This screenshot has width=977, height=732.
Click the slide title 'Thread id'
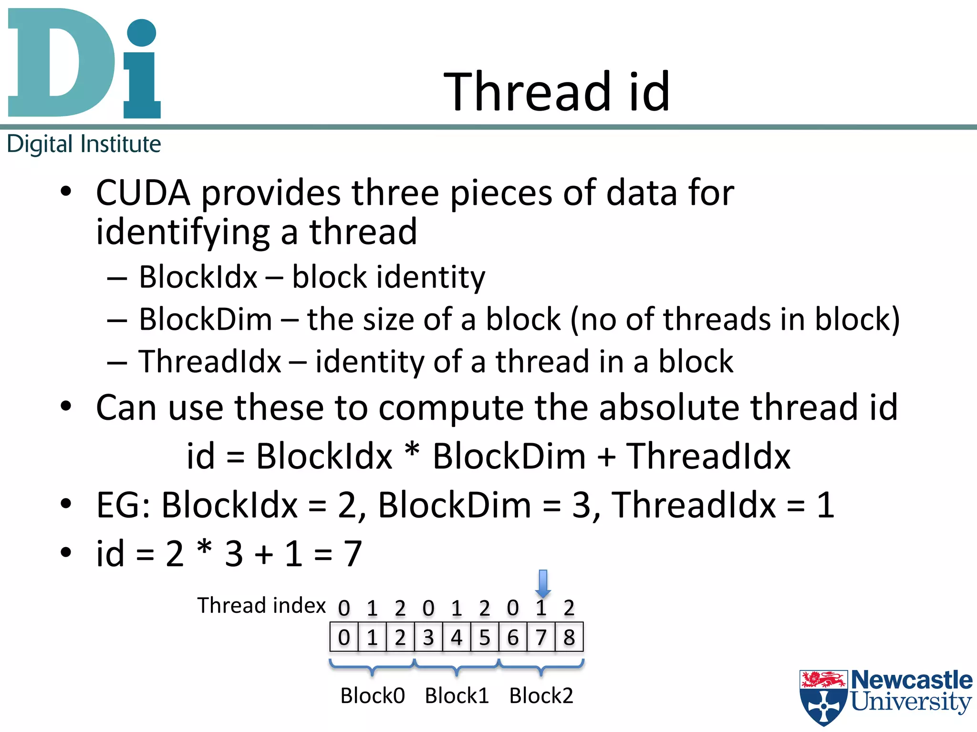pyautogui.click(x=557, y=91)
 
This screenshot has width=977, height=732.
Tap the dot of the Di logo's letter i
pyautogui.click(x=142, y=32)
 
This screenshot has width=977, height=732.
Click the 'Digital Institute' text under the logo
pyautogui.click(x=84, y=144)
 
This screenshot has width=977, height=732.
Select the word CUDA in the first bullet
pyautogui.click(x=143, y=193)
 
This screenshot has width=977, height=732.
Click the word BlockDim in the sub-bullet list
pyautogui.click(x=205, y=319)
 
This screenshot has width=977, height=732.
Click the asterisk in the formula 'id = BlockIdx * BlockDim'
pyautogui.click(x=412, y=450)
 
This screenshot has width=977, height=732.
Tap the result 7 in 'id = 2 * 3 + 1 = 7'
pyautogui.click(x=353, y=554)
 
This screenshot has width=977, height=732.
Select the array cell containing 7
pyautogui.click(x=541, y=638)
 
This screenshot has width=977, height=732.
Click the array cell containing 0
pyautogui.click(x=344, y=638)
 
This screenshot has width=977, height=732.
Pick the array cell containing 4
pyautogui.click(x=457, y=638)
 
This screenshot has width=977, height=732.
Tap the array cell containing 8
pyautogui.click(x=569, y=638)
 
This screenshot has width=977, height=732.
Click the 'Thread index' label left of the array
pyautogui.click(x=261, y=606)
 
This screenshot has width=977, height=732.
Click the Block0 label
pyautogui.click(x=373, y=696)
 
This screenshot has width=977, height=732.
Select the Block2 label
pyautogui.click(x=541, y=696)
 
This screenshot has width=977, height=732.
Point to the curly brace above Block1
pyautogui.click(x=457, y=668)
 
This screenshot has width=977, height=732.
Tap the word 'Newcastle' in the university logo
pyautogui.click(x=912, y=680)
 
